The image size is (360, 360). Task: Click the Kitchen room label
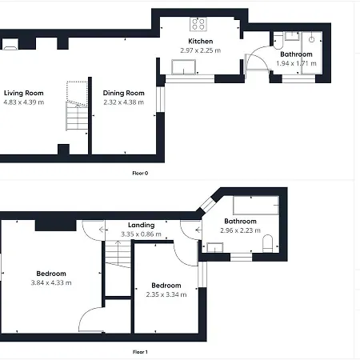(x=201, y=42)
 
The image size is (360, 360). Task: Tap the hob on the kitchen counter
(x=198, y=24)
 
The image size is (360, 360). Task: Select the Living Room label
(x=24, y=93)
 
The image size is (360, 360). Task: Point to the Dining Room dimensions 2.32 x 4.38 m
(x=124, y=102)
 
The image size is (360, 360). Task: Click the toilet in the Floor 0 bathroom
(x=278, y=41)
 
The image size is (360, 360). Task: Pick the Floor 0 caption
(x=140, y=173)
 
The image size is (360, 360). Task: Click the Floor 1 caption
(x=140, y=352)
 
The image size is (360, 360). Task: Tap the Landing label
(x=142, y=225)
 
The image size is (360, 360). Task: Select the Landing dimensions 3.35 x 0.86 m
(x=142, y=234)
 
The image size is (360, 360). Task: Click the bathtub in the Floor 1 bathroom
(x=256, y=206)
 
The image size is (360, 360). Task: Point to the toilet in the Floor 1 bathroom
(x=267, y=243)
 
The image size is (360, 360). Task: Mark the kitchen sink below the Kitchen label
(x=184, y=67)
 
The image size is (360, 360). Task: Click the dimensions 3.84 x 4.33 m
(x=51, y=282)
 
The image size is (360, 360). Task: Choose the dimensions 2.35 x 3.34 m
(x=166, y=294)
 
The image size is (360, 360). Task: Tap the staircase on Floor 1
(x=118, y=254)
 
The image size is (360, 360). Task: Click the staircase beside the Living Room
(x=77, y=106)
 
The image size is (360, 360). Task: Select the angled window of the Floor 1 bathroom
(x=209, y=205)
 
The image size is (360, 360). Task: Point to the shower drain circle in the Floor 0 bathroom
(x=312, y=39)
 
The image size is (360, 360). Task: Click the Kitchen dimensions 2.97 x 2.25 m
(x=201, y=50)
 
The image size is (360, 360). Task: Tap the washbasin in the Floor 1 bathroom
(x=215, y=247)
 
